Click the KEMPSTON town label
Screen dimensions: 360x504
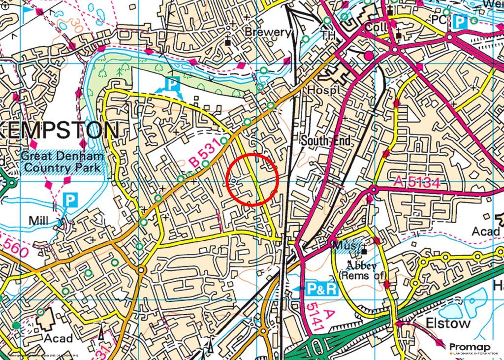(x=59, y=131)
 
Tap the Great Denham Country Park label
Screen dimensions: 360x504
(x=63, y=162)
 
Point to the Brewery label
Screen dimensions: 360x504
(x=268, y=33)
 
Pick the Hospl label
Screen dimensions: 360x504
(x=321, y=91)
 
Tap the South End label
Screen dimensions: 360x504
(x=326, y=141)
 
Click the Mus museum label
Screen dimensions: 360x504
(x=344, y=245)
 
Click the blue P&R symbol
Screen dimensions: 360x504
(x=322, y=289)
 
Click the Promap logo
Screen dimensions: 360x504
(x=470, y=348)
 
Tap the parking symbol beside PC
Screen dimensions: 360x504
(x=459, y=21)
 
